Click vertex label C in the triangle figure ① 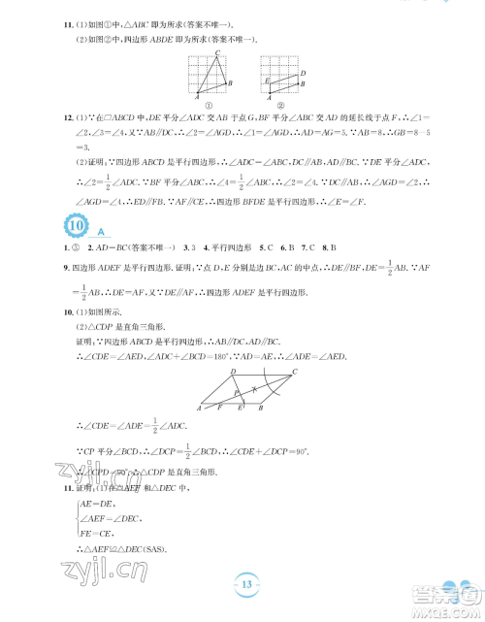(217, 52)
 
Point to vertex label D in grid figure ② (304, 72)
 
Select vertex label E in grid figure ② (266, 82)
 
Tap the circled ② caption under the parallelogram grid (281, 106)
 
